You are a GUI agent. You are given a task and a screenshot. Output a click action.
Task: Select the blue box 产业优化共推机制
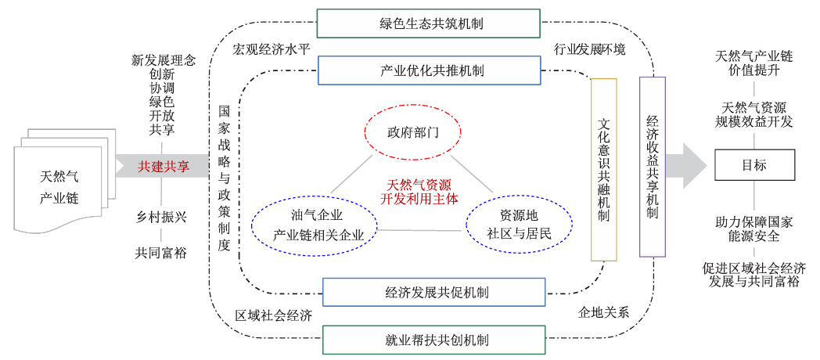(x=432, y=71)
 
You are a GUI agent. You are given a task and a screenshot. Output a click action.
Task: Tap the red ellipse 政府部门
(x=413, y=131)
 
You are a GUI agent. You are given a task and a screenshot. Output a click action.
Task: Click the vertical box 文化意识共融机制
(x=603, y=168)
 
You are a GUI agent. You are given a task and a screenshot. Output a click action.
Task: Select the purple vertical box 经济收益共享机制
(x=653, y=167)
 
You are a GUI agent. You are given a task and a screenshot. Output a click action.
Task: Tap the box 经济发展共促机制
(x=433, y=293)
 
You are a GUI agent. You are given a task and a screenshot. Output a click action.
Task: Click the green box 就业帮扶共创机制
(x=432, y=340)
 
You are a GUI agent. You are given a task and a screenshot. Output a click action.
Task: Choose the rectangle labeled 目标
(x=754, y=165)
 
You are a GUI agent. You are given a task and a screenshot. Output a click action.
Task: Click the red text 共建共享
(x=164, y=167)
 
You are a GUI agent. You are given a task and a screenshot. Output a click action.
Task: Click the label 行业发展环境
(x=590, y=49)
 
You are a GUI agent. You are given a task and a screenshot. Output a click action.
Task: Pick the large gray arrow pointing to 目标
(x=683, y=166)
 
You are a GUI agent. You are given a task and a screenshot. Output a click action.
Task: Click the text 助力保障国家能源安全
(x=754, y=229)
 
